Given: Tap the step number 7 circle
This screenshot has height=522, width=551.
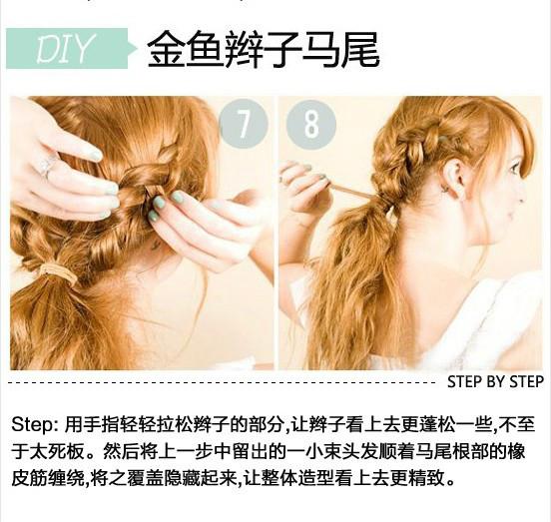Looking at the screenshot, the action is click(244, 123).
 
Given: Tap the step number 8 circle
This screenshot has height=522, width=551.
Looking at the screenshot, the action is click(311, 124).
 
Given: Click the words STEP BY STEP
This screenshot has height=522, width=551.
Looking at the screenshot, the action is click(495, 382).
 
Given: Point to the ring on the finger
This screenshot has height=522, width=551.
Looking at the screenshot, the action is click(47, 166).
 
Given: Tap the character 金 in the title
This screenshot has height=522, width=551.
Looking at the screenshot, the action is click(167, 49).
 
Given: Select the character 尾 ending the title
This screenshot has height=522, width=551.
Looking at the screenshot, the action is click(360, 49).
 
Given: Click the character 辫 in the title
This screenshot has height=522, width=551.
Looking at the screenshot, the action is click(244, 49).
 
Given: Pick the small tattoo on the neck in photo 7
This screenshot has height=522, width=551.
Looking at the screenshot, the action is click(155, 247).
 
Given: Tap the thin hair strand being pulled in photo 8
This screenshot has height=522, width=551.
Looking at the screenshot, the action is click(351, 192).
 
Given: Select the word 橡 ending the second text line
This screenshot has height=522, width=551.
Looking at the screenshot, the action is click(516, 452).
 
